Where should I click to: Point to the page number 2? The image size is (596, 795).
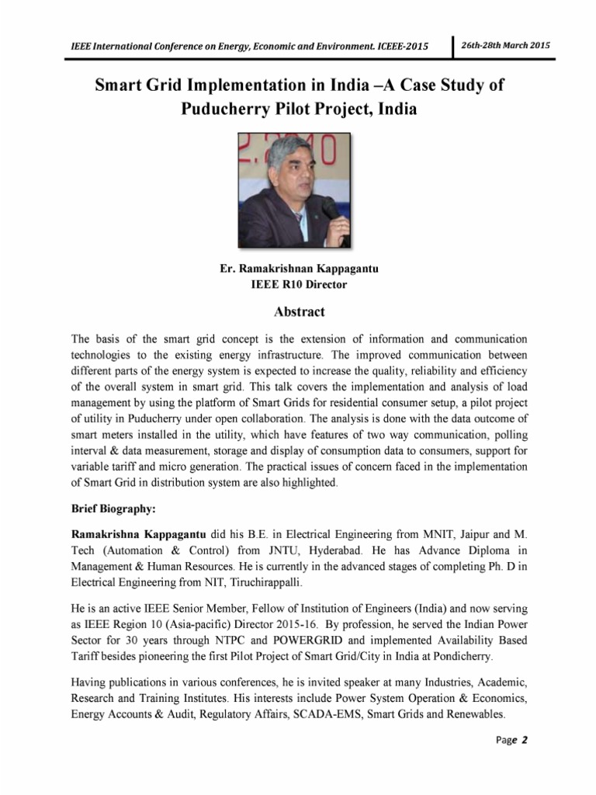point(525,739)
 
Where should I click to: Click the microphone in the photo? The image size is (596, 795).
point(330,209)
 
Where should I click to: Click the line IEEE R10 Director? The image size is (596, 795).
point(298,285)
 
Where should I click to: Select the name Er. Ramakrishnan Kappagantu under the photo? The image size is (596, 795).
point(299,269)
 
